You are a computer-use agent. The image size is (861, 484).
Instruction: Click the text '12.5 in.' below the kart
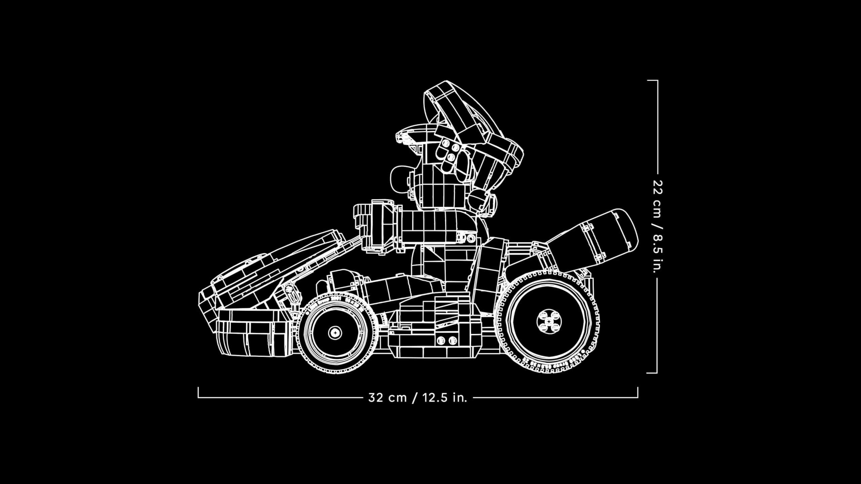pos(445,398)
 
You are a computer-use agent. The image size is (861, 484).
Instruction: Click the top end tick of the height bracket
pos(652,81)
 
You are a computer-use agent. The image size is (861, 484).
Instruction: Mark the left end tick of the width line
pos(198,393)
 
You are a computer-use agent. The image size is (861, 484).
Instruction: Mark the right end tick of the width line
pos(638,393)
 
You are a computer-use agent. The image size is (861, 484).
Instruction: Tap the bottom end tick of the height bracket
pos(652,373)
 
